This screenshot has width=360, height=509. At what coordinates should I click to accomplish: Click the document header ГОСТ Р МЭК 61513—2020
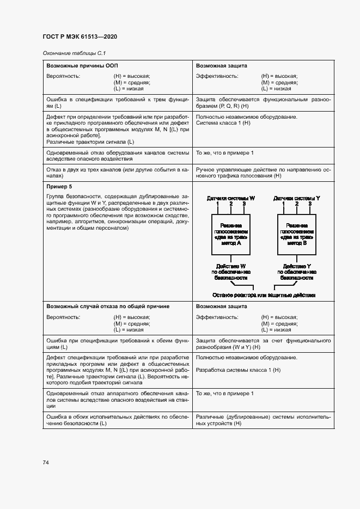pos(80,37)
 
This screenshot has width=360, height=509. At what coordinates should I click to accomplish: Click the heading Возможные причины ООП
pos(78,65)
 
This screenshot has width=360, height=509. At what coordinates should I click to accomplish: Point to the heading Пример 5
pos(59,186)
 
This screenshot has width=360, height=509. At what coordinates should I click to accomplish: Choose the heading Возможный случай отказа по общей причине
pos(108,306)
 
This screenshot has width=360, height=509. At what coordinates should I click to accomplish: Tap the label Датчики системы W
pos(231,199)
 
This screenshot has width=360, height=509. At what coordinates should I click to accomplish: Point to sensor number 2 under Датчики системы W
pos(231,205)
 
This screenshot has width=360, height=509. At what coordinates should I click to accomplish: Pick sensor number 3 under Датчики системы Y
pos(310,205)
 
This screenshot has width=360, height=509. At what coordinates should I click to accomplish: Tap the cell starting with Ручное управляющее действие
pos(263,174)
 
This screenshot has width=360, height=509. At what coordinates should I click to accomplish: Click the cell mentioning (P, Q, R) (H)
pos(263,103)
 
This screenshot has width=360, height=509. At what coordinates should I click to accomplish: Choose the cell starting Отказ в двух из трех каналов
pos(118,174)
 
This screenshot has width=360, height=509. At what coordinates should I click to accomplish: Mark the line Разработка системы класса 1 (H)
pos(238,370)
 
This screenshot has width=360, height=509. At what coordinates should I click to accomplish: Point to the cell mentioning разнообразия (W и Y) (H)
pos(263,344)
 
